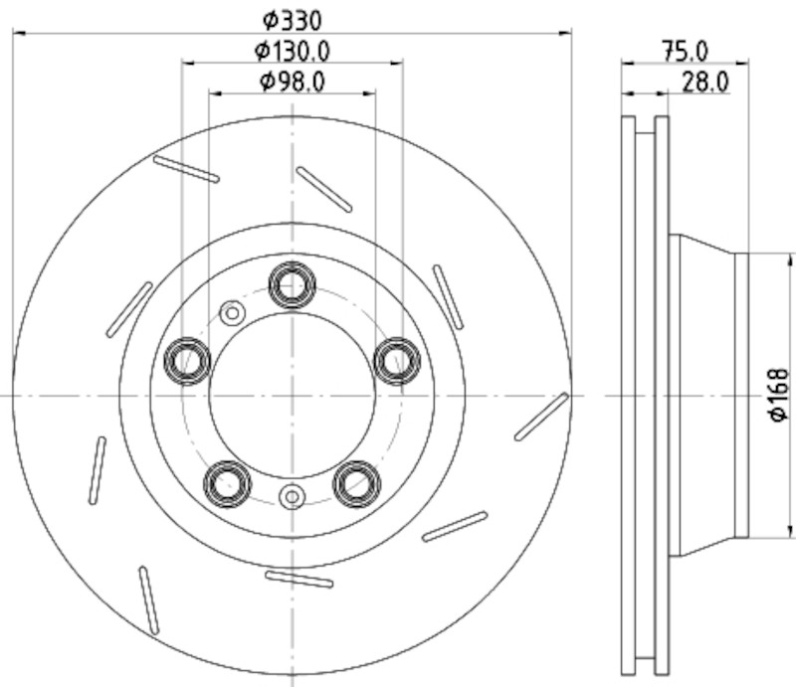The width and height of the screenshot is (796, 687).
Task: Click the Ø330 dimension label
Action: coord(293,20)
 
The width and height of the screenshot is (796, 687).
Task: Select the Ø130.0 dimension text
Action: coord(293,51)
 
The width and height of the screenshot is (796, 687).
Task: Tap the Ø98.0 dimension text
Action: coord(293,82)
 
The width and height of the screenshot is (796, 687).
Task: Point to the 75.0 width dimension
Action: coord(686,52)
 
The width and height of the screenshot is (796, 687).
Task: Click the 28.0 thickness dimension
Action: coord(705,82)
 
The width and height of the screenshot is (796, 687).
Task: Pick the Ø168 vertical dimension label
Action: coord(779,395)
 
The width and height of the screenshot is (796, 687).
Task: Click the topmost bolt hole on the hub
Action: coord(293,285)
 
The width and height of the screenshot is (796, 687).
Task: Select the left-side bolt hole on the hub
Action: coord(187,361)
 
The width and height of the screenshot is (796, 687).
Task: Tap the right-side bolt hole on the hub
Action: coord(397,361)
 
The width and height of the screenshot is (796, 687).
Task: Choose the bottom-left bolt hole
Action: coord(228,484)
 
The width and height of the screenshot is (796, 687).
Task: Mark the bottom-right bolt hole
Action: coord(357,484)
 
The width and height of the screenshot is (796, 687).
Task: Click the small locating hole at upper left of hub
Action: coord(233,313)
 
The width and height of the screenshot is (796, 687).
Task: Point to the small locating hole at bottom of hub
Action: coord(293,497)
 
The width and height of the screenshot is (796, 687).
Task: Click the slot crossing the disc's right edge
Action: coord(541,417)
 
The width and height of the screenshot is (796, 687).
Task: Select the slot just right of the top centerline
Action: coord(324,189)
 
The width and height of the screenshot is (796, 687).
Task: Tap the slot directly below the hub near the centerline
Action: coord(299,579)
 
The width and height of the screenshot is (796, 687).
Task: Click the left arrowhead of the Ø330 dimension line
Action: coord(19,33)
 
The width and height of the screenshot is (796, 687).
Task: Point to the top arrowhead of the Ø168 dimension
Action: coord(790,259)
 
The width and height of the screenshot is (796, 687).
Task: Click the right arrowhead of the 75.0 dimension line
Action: coord(742,64)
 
